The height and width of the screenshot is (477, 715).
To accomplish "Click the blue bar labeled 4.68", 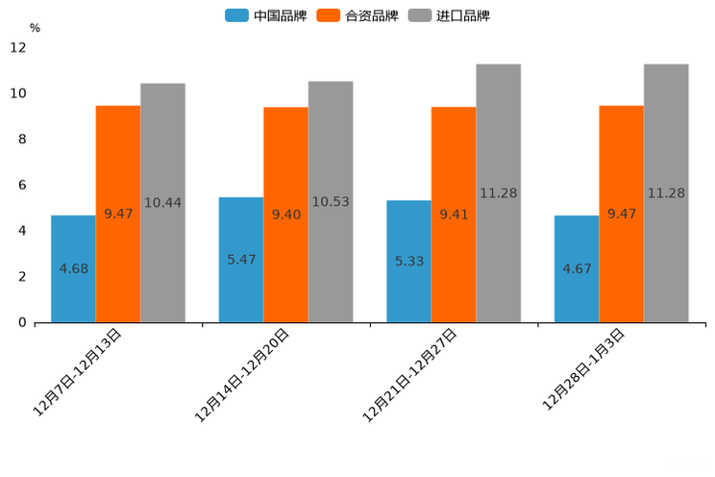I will pyautogui.click(x=73, y=268).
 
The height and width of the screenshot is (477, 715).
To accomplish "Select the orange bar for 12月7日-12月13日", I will pyautogui.click(x=118, y=213).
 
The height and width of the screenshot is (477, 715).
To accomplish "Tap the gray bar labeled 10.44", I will pyautogui.click(x=162, y=203).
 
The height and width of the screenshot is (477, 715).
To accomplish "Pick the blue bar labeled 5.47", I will pyautogui.click(x=241, y=260).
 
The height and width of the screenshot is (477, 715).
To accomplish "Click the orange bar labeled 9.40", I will pyautogui.click(x=285, y=214).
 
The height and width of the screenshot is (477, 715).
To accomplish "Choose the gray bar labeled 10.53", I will pyautogui.click(x=331, y=202).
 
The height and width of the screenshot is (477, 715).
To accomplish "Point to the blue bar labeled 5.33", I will pyautogui.click(x=408, y=261).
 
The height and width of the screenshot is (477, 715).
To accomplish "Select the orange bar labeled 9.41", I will pyautogui.click(x=454, y=214).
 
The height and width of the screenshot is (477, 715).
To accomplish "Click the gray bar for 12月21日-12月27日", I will pyautogui.click(x=498, y=193).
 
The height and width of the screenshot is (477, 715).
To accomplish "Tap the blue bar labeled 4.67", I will pyautogui.click(x=577, y=268).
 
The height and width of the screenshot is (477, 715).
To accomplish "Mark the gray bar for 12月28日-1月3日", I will pyautogui.click(x=666, y=193).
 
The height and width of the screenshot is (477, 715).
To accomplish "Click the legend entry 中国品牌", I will pyautogui.click(x=266, y=15).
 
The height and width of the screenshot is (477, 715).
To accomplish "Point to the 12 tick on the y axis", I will pyautogui.click(x=18, y=47).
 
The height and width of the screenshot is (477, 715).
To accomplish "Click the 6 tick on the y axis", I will pyautogui.click(x=22, y=185).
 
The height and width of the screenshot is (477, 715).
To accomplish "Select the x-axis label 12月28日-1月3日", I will pyautogui.click(x=583, y=369).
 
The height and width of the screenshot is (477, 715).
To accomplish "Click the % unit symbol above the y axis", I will pyautogui.click(x=35, y=28).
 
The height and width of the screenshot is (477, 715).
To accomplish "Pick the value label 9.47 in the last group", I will pyautogui.click(x=622, y=213).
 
